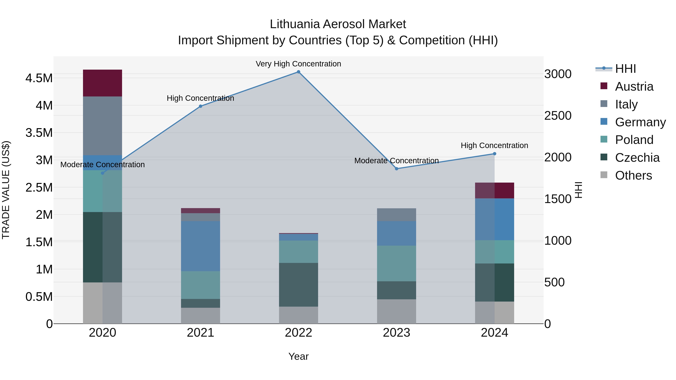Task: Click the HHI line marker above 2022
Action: coord(298,72)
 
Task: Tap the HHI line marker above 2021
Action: coord(201,106)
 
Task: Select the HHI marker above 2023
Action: coord(397,169)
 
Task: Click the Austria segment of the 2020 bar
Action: coord(102,83)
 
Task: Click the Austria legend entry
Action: coord(634,87)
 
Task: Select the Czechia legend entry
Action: coord(637,158)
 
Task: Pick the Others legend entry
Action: coord(633,175)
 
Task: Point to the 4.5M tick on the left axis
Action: coord(39,78)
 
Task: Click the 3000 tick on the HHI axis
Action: coord(558,74)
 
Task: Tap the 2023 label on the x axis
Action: coord(397,333)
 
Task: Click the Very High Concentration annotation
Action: coord(298,64)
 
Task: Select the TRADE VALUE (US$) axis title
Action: coord(6,190)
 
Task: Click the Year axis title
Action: coord(298,356)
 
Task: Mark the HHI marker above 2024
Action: coord(494,154)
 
